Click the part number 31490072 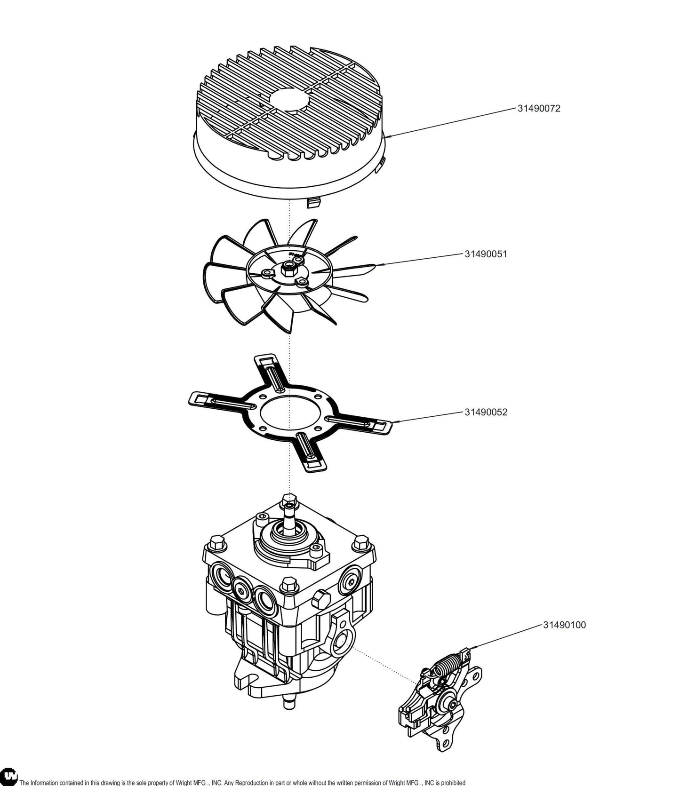coord(539,108)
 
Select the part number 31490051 coord(486,254)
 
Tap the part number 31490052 coord(486,412)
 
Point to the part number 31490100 coord(565,625)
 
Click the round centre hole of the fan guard coord(288,101)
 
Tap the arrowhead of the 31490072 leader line coord(389,136)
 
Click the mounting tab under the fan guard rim coord(314,203)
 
